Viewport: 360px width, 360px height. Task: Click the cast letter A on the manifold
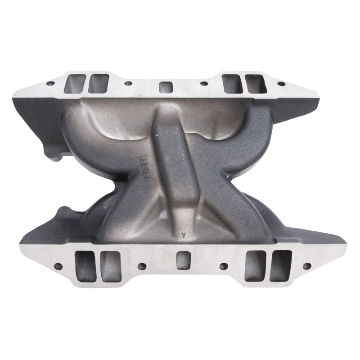[183, 234]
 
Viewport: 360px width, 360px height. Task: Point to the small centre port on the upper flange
[166, 87]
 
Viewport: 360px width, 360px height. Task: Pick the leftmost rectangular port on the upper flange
[75, 84]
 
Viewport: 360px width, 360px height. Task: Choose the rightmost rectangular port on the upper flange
[255, 84]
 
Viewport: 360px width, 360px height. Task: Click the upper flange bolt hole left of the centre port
[128, 83]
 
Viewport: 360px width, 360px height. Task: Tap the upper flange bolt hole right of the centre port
[204, 83]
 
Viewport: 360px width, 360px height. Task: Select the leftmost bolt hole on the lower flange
[58, 266]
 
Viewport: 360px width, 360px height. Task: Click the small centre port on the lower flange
[183, 260]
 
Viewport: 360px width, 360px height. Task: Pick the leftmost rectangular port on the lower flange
[85, 266]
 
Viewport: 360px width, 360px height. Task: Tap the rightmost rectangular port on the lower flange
[280, 265]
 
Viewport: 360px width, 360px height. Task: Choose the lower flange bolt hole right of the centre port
[224, 266]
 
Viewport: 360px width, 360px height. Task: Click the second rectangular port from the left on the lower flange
[111, 266]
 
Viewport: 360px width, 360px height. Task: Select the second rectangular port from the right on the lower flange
[255, 266]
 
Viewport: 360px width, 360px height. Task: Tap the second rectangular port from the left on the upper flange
[99, 84]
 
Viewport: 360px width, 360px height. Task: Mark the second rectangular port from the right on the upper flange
[232, 84]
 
